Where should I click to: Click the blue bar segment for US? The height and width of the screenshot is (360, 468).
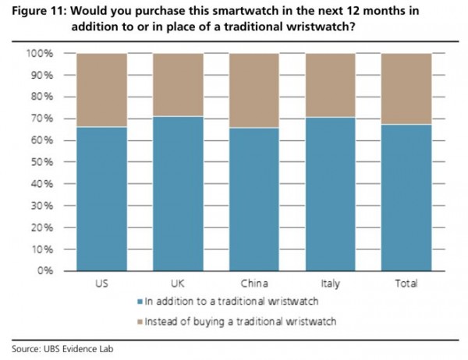pos(102,199)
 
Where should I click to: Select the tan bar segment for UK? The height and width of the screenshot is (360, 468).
pos(178,85)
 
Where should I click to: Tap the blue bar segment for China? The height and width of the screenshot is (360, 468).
pos(254,199)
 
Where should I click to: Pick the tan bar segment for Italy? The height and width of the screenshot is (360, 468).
pos(330,85)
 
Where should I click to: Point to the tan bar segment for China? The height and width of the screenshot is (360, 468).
pos(254,90)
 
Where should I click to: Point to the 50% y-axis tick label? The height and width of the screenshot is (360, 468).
pos(41,162)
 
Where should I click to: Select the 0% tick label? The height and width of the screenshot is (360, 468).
pos(44,270)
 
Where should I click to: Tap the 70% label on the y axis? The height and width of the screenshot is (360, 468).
pos(41,118)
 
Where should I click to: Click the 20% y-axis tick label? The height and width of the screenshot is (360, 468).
pos(41,227)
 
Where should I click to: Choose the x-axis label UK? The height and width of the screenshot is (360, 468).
pos(178,284)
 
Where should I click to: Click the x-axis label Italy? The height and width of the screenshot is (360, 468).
pos(330,284)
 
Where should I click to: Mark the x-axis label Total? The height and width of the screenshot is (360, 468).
pos(406,284)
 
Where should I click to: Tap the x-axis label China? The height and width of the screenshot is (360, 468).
pos(254,284)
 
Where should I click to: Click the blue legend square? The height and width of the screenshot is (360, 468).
pos(140,301)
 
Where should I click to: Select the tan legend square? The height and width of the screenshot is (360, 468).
pos(140,321)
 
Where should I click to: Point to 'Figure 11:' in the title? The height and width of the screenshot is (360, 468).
pos(37,11)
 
